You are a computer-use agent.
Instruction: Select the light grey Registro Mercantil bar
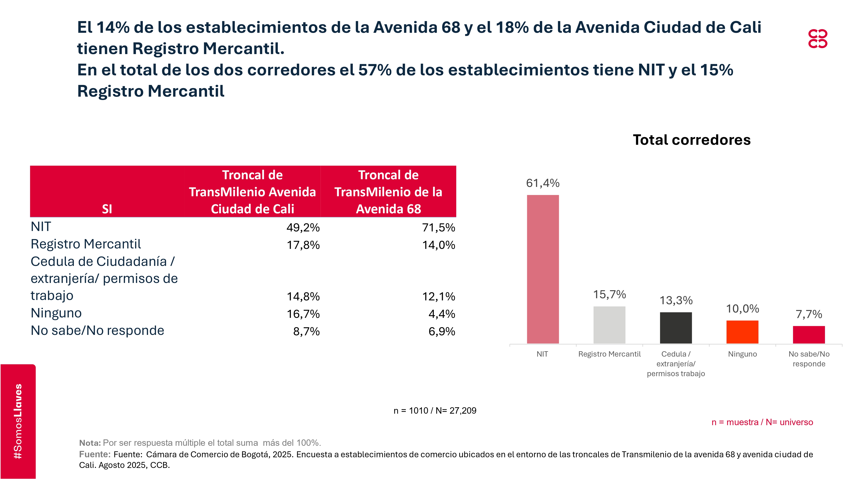click(609, 325)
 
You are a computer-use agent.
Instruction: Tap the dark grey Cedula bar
click(676, 328)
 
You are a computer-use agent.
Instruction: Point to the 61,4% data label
click(543, 183)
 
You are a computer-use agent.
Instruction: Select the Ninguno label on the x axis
click(742, 354)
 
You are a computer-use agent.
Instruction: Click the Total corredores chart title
click(692, 140)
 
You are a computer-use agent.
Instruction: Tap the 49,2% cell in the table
click(303, 228)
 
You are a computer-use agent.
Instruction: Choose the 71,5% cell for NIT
click(439, 228)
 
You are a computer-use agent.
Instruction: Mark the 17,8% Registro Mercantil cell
click(303, 245)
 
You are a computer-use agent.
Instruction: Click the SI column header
click(107, 209)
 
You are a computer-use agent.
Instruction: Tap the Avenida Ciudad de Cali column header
click(252, 192)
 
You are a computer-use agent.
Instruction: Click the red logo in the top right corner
click(818, 39)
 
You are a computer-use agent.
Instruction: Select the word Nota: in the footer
click(90, 443)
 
